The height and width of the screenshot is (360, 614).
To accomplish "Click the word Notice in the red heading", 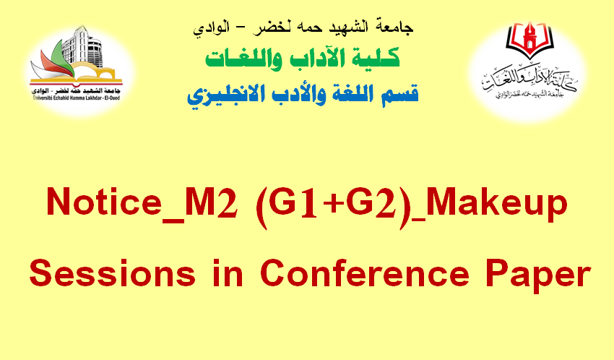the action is pos(104,202).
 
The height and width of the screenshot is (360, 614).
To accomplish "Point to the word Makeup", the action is pos(497,204).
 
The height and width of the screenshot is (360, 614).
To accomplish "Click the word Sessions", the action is pos(113,273).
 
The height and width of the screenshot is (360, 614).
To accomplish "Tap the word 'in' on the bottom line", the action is pos(228,273).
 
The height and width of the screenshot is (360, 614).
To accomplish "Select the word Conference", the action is pos(365,273).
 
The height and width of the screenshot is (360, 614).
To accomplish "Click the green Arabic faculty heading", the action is pos(303,59).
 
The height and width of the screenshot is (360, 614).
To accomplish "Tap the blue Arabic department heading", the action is pos(303,95).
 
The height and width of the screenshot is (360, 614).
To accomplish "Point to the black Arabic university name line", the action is pos(303,27).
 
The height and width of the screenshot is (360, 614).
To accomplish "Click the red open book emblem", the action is pos(529,39).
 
